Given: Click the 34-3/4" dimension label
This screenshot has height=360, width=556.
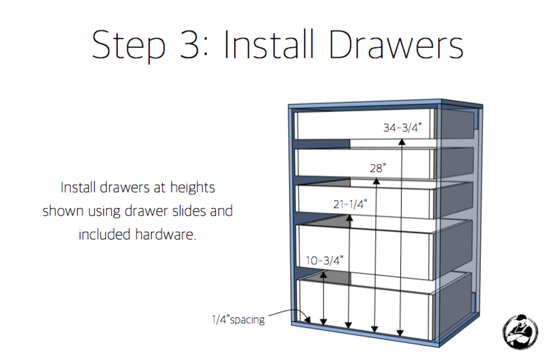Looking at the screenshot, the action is (403, 128).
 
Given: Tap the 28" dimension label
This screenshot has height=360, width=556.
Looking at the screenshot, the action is (378, 168).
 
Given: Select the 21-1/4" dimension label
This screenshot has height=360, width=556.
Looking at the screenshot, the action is (350, 204).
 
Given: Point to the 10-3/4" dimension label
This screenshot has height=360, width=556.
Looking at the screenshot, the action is (325, 260).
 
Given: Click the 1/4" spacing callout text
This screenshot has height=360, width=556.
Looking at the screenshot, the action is (239, 319).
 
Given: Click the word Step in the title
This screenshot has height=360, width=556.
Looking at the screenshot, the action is (129, 45).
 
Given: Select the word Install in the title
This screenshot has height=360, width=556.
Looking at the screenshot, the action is (269, 44).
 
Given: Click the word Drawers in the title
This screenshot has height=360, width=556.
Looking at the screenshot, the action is (396, 45).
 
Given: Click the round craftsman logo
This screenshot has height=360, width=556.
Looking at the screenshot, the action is (520, 332).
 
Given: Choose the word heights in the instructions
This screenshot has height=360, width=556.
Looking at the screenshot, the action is (192, 188).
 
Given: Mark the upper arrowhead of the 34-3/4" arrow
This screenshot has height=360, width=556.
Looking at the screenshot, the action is (402, 142).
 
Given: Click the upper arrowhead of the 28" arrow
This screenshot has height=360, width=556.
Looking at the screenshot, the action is (376, 181).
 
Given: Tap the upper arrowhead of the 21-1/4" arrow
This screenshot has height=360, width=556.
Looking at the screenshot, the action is (349, 218).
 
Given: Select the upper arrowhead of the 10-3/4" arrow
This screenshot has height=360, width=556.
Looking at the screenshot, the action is (324, 274).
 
